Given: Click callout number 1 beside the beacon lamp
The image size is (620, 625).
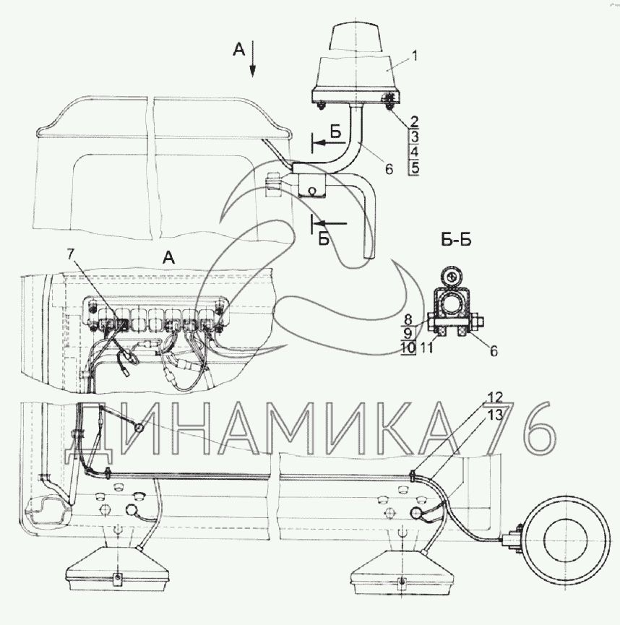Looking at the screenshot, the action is point(414,56).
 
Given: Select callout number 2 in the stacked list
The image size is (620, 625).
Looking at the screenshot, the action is point(414,121).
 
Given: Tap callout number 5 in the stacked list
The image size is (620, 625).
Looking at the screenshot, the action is point(415,168).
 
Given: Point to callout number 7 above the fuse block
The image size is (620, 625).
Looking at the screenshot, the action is point(71,254).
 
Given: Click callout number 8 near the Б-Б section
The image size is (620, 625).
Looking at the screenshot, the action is point(408,319).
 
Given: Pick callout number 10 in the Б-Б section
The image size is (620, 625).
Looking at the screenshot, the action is point(408,348).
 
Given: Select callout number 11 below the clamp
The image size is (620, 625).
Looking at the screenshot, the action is point(426,348).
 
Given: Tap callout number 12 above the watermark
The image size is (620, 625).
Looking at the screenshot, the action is point(495,397).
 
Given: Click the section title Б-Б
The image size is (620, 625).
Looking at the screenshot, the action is point(456,240).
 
